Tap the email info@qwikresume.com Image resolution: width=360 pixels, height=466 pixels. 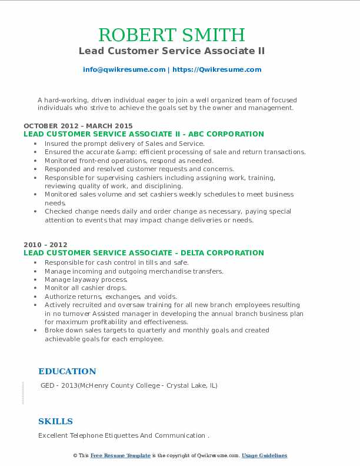coord(124,69)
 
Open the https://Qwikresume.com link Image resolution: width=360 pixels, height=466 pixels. coord(216,69)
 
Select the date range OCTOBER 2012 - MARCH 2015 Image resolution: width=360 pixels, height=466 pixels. coord(78,126)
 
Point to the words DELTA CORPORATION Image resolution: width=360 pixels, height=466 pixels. coord(225,253)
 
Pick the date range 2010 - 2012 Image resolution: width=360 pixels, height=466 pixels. coord(45,245)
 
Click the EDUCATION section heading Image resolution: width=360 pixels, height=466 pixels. coord(67,371)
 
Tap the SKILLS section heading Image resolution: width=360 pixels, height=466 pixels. coord(55,421)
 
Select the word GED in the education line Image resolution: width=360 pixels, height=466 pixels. coord(48,386)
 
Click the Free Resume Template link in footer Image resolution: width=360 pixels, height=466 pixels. coord(121,455)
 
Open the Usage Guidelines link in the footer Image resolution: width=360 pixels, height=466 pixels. coord(264,455)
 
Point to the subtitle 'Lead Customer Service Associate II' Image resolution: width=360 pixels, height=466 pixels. coord(172,51)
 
